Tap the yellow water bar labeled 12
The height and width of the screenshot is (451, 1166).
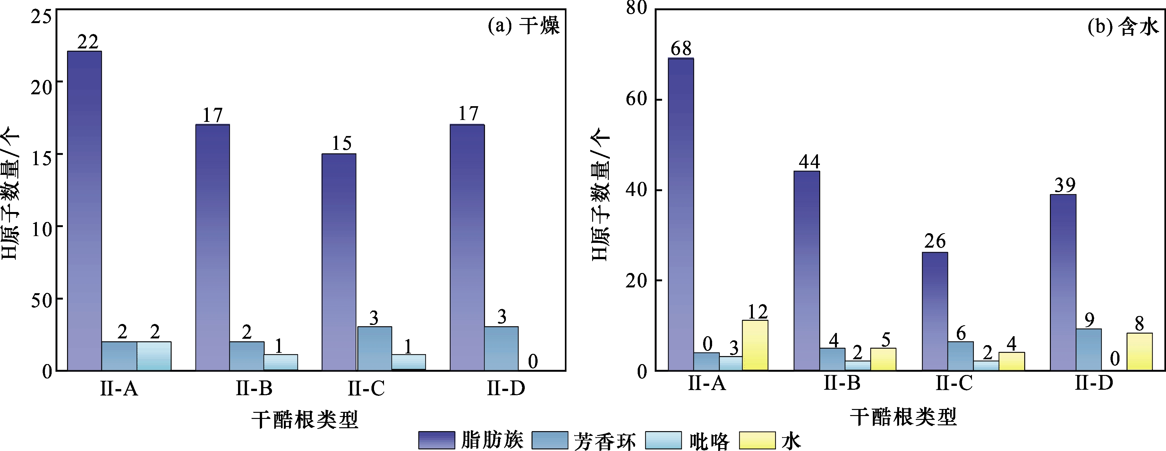pos(755,345)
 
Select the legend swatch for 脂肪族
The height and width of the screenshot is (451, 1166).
pos(436,440)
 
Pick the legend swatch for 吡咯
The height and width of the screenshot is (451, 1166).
pos(663,440)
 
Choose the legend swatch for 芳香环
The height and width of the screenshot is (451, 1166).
pos(549,440)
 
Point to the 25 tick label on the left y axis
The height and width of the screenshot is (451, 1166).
pos(42,17)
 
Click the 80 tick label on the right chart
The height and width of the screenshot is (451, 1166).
pos(636,8)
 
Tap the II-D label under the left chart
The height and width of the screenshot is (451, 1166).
pos(506,388)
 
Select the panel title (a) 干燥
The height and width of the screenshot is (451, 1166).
pos(523,26)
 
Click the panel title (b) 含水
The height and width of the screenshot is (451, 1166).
pos(1123,27)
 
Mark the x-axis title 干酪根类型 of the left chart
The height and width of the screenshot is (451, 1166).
pos(305,419)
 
